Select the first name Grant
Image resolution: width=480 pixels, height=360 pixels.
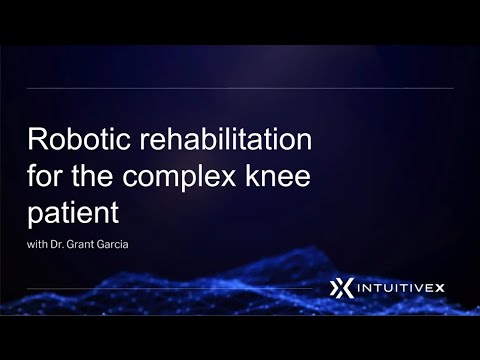[102, 245]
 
